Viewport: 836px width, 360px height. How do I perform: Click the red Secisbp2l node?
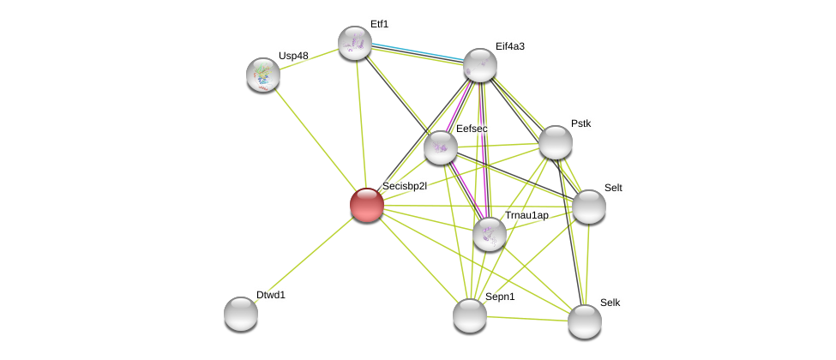[x=367, y=205]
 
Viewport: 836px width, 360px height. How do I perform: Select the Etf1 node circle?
[x=355, y=43]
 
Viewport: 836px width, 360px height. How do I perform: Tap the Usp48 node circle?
[x=263, y=75]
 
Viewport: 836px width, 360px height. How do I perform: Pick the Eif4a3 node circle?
[x=480, y=65]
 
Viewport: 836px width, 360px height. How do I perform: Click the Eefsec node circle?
[x=441, y=147]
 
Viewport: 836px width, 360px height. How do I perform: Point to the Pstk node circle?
[x=556, y=142]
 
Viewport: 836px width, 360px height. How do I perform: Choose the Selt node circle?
[x=589, y=207]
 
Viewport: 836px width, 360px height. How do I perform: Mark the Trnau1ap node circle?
[x=490, y=234]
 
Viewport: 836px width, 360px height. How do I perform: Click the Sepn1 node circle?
[x=470, y=315]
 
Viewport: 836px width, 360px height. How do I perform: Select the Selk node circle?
[x=585, y=321]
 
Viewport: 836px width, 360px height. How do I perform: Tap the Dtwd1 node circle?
[x=241, y=314]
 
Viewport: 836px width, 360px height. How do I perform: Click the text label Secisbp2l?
[x=404, y=186]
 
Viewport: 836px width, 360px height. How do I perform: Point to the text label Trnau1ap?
[x=526, y=215]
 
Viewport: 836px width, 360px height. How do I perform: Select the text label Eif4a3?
[x=510, y=46]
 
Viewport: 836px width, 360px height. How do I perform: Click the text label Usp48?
[x=293, y=56]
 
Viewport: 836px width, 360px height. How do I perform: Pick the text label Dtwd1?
[x=271, y=295]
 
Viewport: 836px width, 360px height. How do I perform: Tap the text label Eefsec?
[x=472, y=129]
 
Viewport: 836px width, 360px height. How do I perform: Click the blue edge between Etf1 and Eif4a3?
[x=418, y=51]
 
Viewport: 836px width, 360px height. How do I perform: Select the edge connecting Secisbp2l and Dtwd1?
[x=304, y=259]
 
